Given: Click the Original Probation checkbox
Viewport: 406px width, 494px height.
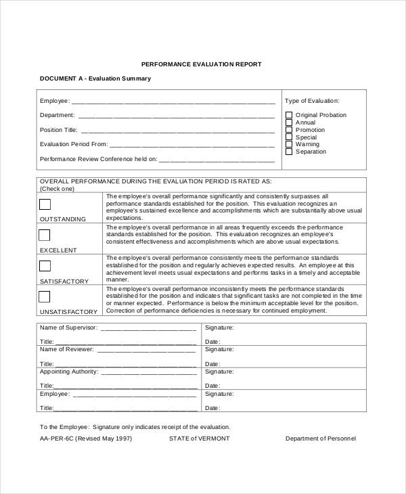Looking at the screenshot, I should pyautogui.click(x=289, y=115).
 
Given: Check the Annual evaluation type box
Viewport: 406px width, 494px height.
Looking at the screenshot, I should pyautogui.click(x=289, y=122).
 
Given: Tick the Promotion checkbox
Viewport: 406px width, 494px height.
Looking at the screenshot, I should pyautogui.click(x=289, y=130).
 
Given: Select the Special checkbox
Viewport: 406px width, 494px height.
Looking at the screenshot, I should pyautogui.click(x=289, y=137).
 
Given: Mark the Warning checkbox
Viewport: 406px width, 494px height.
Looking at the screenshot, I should pyautogui.click(x=289, y=144).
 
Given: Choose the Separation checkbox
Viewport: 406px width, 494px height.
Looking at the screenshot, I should pyautogui.click(x=289, y=152).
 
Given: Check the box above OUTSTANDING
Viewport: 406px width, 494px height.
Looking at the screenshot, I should pyautogui.click(x=45, y=204).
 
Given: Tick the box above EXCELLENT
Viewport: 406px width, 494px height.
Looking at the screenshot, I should pyautogui.click(x=45, y=235).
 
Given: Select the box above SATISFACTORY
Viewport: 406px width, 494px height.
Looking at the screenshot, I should pyautogui.click(x=45, y=266).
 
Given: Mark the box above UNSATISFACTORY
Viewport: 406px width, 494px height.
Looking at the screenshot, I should pyautogui.click(x=45, y=296).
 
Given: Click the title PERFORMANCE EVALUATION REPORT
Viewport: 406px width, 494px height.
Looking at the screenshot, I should pyautogui.click(x=201, y=64).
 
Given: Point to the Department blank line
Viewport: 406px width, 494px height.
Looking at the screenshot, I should pyautogui.click(x=177, y=116).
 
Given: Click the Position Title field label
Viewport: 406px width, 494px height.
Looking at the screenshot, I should pyautogui.click(x=58, y=130).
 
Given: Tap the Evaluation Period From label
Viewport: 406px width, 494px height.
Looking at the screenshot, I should pyautogui.click(x=74, y=144).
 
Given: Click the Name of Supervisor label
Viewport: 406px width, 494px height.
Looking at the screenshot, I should pyautogui.click(x=69, y=328).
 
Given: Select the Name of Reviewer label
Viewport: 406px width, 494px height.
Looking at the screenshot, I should pyautogui.click(x=67, y=349).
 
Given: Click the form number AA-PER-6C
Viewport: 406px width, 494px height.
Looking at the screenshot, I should pyautogui.click(x=60, y=439).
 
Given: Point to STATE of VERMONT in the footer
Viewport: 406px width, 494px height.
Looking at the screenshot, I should pyautogui.click(x=200, y=439).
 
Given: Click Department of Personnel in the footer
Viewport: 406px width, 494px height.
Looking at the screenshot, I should pyautogui.click(x=320, y=439).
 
